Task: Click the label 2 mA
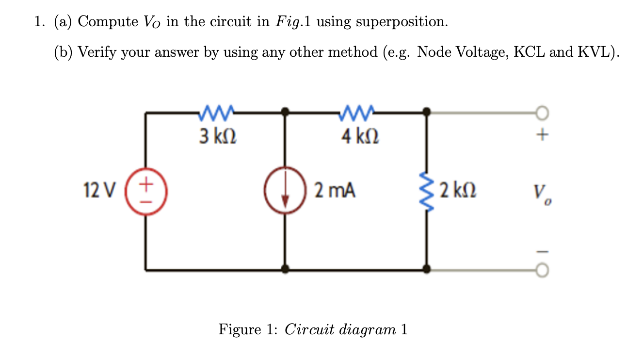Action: point(335,190)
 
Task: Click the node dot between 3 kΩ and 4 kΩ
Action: point(286,113)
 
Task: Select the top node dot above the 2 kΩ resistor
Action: point(426,113)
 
